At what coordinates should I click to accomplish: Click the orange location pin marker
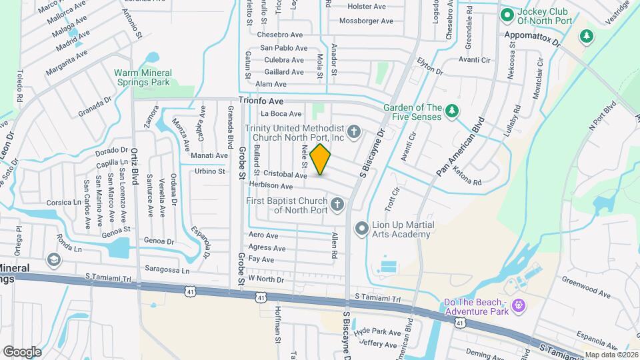tap(321, 159)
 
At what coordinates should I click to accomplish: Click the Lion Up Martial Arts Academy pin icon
tap(361, 229)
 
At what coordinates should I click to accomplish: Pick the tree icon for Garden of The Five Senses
tap(451, 111)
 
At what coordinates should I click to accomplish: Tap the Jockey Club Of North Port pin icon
tap(506, 14)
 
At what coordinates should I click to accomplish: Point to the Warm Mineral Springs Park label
tap(143, 77)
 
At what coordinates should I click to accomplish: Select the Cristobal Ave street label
tap(285, 175)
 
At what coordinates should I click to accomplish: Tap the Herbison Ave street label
tap(271, 186)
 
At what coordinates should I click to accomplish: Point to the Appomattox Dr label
tap(534, 34)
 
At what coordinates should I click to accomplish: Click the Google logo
tap(21, 351)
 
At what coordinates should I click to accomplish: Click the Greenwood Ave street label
tap(586, 286)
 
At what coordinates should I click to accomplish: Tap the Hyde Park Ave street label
tap(377, 331)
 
